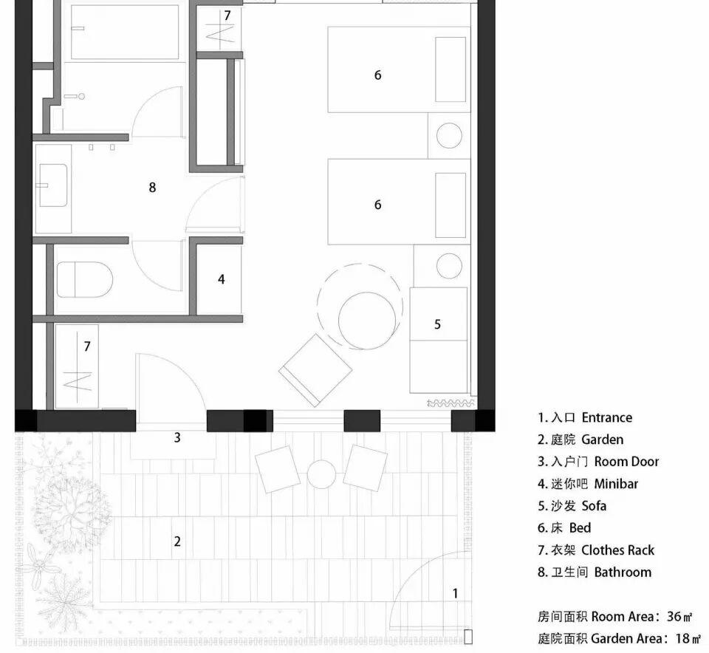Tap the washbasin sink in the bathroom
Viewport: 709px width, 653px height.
pos(52,185)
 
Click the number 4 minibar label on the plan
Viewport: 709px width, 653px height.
pos(221,279)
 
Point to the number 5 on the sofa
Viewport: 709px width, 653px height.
pos(437,324)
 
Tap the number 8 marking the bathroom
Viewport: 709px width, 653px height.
pos(152,187)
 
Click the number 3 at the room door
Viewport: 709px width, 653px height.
pos(177,437)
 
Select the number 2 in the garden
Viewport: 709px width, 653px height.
pos(177,541)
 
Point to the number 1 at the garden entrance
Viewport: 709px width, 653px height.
pos(455,592)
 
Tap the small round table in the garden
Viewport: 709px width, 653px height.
pos(321,474)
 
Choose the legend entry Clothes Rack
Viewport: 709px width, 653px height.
pos(617,550)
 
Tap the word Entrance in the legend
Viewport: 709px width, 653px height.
pos(606,417)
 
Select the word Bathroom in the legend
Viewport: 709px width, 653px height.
pos(623,572)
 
